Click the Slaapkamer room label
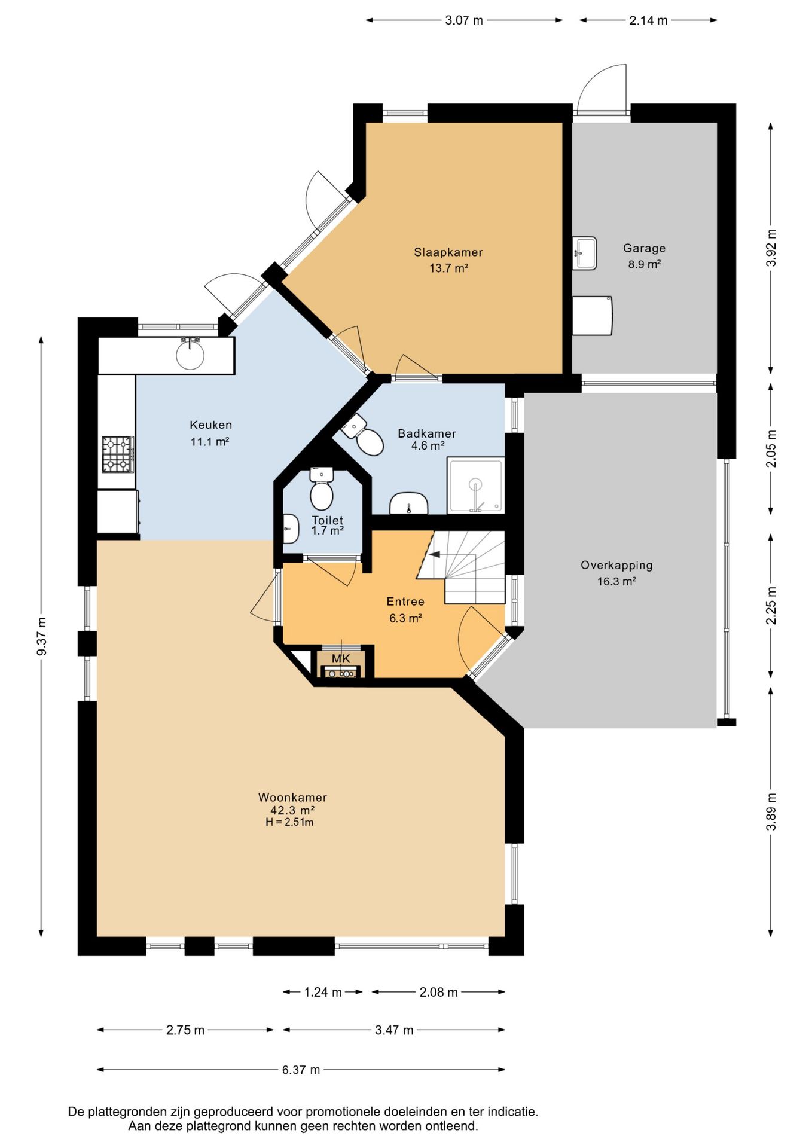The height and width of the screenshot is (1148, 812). point(448,252)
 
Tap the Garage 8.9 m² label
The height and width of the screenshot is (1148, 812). point(644,256)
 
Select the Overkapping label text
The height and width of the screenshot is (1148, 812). point(616,565)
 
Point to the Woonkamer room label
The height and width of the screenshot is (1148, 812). point(292,797)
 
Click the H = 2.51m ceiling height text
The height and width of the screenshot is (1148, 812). point(290,822)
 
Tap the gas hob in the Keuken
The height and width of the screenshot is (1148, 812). point(117,454)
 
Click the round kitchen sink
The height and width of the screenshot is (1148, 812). point(190,355)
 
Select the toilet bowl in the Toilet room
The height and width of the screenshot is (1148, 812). point(322,489)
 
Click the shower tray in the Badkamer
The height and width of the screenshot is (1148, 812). point(476,486)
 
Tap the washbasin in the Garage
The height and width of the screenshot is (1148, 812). point(584,253)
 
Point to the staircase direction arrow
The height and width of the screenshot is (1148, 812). point(435,554)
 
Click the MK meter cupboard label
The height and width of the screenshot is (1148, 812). point(341,658)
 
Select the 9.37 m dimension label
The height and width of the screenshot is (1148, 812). point(42,636)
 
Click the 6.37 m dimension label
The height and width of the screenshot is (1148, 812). point(301,1070)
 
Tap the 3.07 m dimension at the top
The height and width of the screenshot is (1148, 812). point(464,20)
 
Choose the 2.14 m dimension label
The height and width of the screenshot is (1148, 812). point(648,20)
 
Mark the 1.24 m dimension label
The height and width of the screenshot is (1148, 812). point(323,992)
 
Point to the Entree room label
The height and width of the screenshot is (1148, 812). point(405,602)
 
